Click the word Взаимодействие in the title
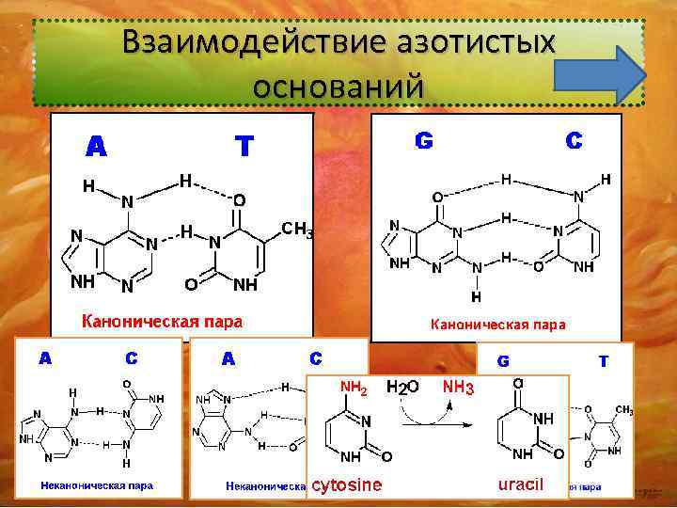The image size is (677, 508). coord(235,44)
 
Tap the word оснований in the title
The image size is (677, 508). coord(338,86)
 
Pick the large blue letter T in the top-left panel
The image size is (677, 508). coord(244,146)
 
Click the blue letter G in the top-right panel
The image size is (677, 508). coord(424,141)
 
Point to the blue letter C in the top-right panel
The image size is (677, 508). coord(573,141)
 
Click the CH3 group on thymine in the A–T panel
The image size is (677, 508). coord(298,228)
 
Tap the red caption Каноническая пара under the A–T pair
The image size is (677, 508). coord(163,322)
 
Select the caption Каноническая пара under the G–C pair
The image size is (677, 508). coord(497,325)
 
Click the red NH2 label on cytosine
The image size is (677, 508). coord(354,387)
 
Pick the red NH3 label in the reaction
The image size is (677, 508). coord(458,387)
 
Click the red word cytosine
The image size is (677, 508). coord(347,485)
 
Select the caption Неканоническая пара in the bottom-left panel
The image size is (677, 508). coord(97,486)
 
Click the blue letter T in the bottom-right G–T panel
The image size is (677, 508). coord(603,360)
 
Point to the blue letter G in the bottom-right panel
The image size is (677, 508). coord(504,361)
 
